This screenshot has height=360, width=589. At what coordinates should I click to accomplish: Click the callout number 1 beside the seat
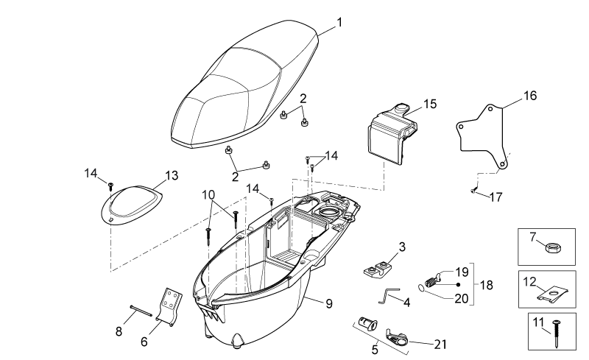(x=339, y=23)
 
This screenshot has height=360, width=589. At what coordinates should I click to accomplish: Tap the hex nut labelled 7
(x=549, y=248)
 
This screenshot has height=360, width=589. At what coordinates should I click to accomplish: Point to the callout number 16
(x=530, y=96)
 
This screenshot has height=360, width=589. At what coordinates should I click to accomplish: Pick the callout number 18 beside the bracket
(x=486, y=285)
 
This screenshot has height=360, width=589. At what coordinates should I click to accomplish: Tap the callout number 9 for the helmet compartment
(x=329, y=303)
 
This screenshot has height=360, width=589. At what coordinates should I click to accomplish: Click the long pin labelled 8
(x=141, y=311)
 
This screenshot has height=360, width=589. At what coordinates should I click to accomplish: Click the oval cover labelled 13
(x=131, y=205)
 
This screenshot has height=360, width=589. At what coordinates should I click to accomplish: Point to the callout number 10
(x=208, y=194)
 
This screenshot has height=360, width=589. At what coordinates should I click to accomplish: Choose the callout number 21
(x=440, y=345)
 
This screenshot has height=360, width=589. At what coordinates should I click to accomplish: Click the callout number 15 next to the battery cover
(x=431, y=104)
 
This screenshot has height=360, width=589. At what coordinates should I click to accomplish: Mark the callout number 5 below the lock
(x=375, y=350)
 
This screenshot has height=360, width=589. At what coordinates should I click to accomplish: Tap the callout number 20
(x=462, y=298)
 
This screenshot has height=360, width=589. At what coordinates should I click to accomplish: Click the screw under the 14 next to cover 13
(x=111, y=186)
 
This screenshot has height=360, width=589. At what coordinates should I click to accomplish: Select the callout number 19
(x=462, y=272)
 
